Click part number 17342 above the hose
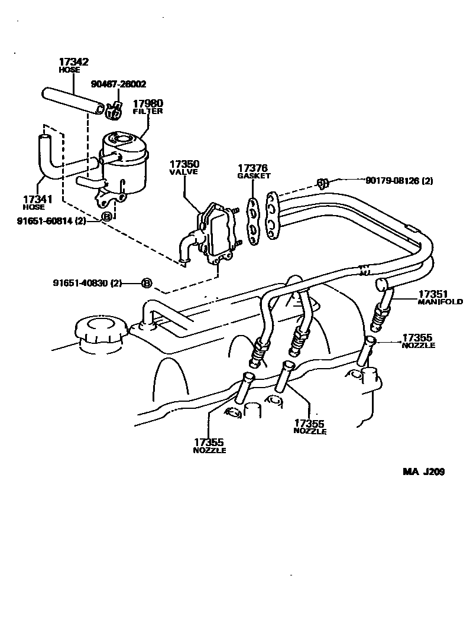click(73, 61)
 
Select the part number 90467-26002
click(118, 84)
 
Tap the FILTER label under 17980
click(148, 111)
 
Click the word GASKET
click(254, 175)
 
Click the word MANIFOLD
click(440, 302)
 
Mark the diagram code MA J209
click(423, 472)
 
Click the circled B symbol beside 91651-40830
click(147, 283)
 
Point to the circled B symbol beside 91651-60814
click(107, 217)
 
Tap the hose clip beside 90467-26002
click(115, 109)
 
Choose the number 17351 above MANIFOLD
click(433, 294)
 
